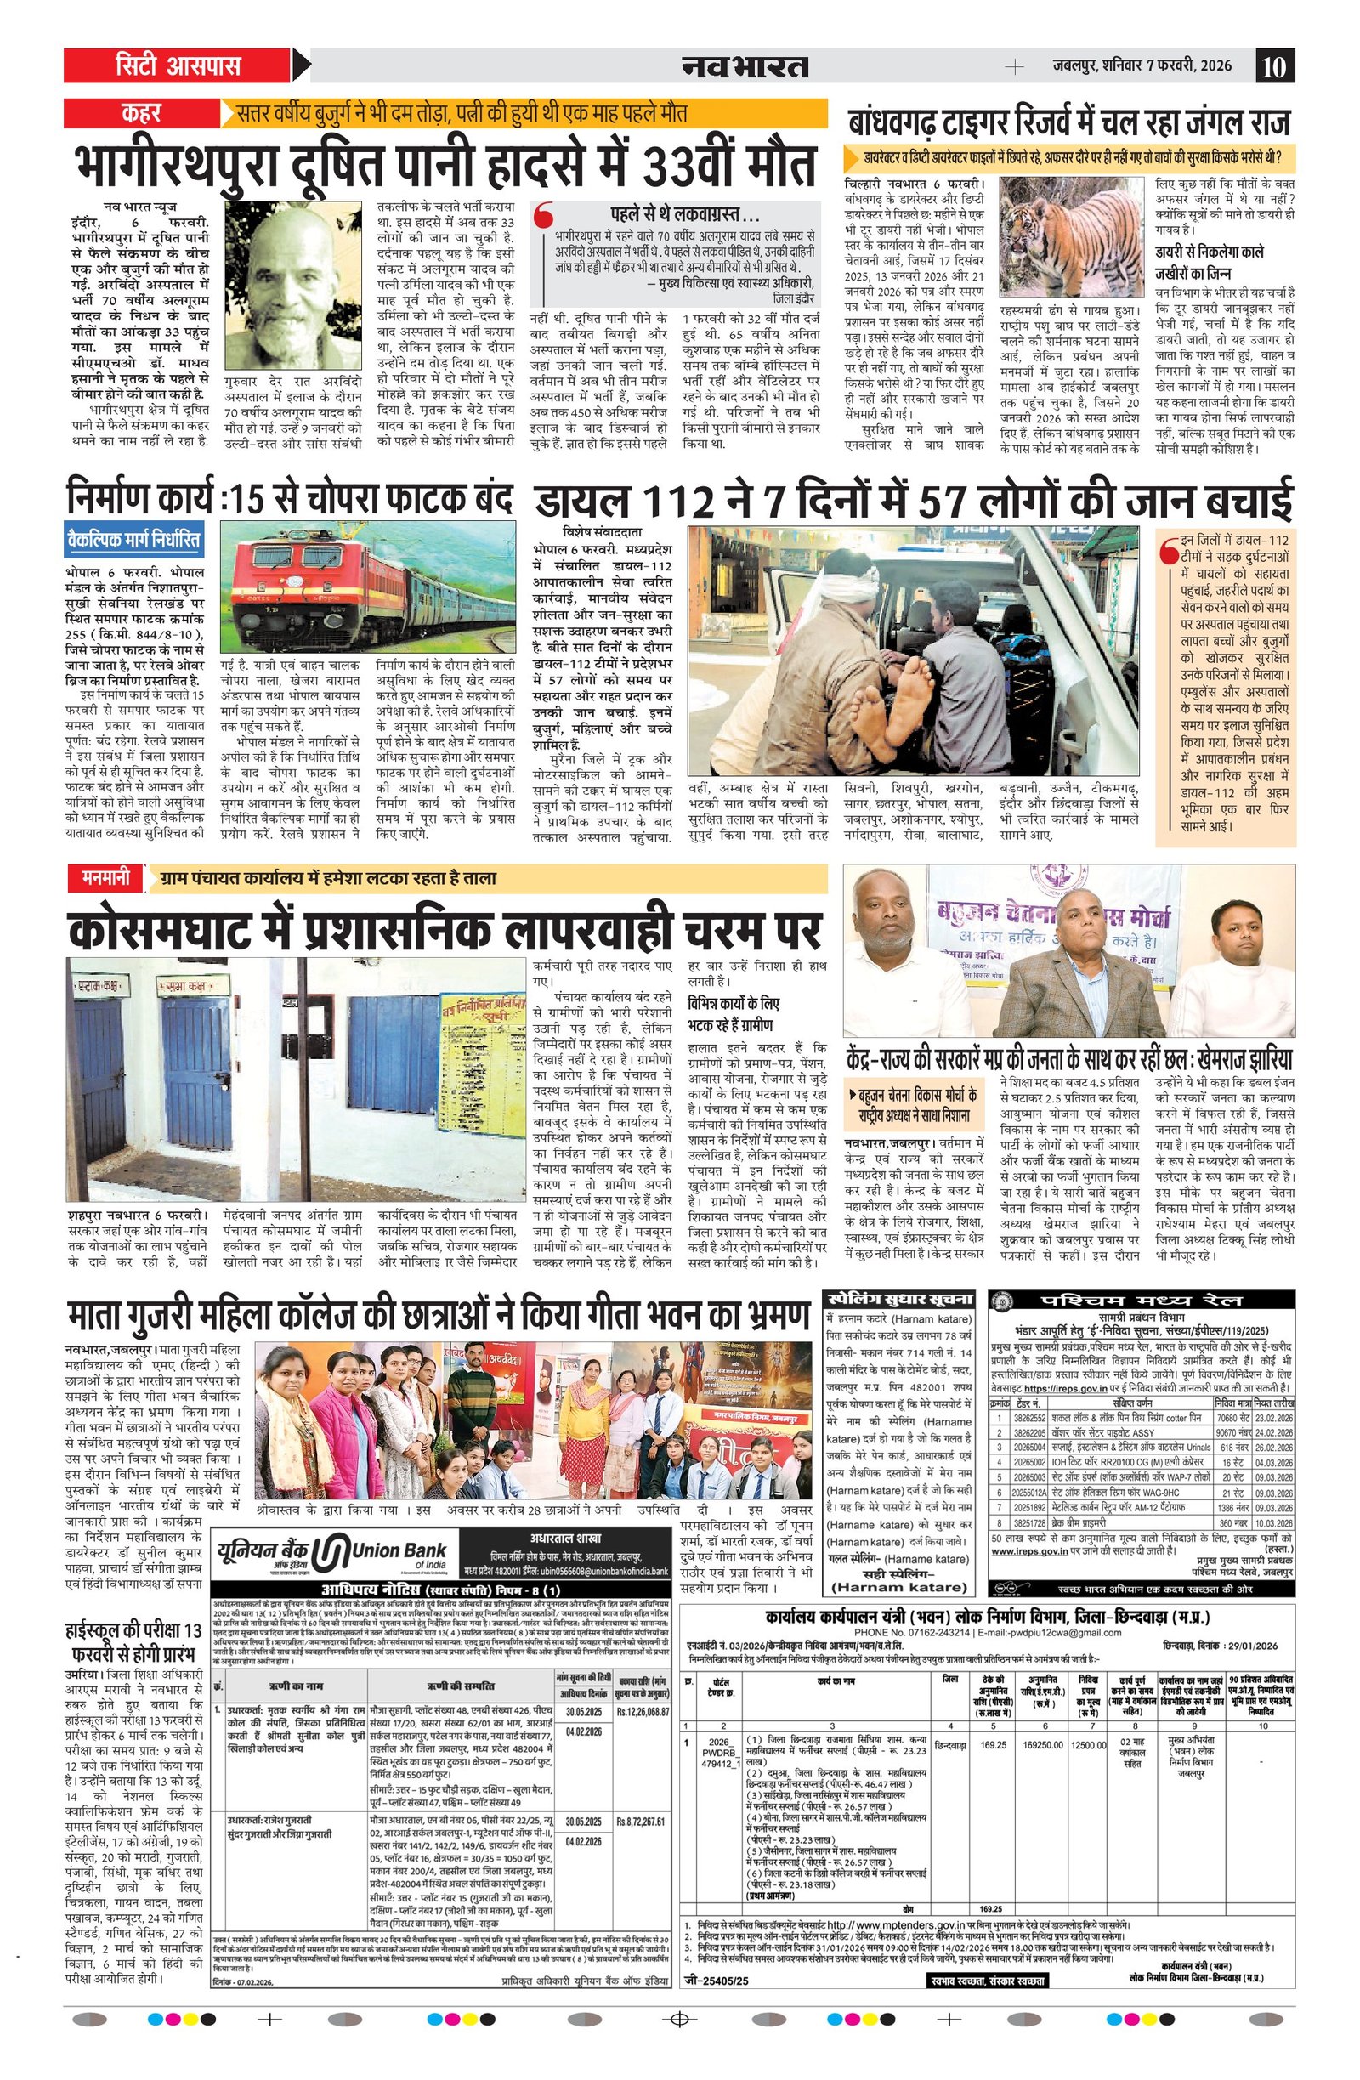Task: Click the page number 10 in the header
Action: click(1274, 66)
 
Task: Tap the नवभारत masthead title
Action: click(745, 66)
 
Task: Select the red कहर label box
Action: click(140, 114)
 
